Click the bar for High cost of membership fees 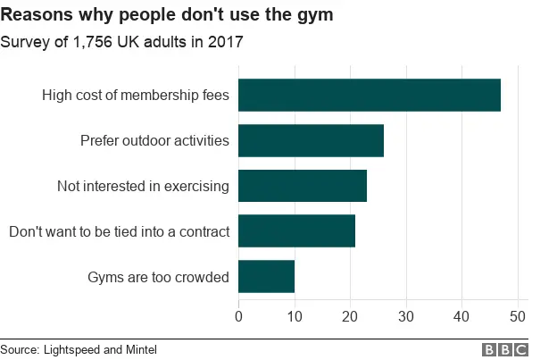pos(370,95)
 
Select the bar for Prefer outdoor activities pos(311,140)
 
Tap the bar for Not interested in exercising pos(303,186)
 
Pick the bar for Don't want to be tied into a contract pos(297,231)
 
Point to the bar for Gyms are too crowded pos(266,277)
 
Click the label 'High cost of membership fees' pos(136,95)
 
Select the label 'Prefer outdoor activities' pos(154,140)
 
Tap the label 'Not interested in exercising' pos(144,186)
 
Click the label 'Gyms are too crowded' pos(158,277)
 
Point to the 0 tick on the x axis pos(238,315)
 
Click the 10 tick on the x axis pos(295,315)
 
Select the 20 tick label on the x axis pos(350,315)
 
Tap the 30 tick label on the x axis pos(406,315)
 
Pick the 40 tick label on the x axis pos(461,315)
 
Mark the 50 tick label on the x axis pos(518,315)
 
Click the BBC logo pos(505,349)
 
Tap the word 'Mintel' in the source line pos(125,349)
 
